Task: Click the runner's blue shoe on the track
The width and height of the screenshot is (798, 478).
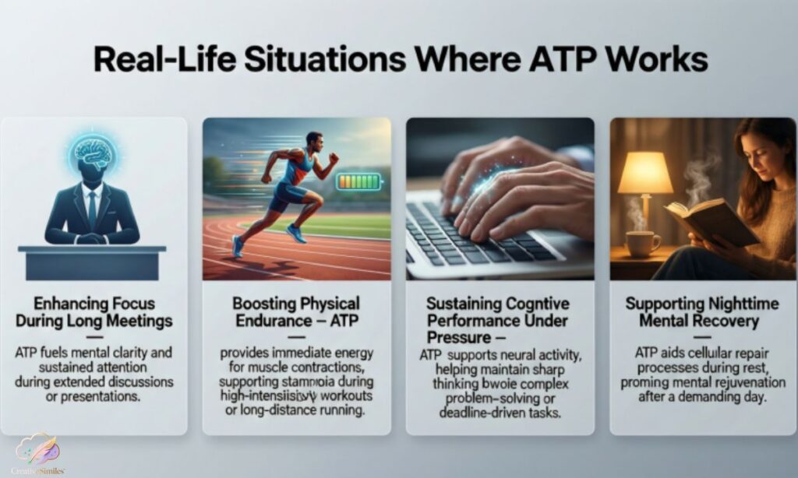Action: point(295,233)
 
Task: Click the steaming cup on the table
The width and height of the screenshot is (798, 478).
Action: point(643,244)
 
